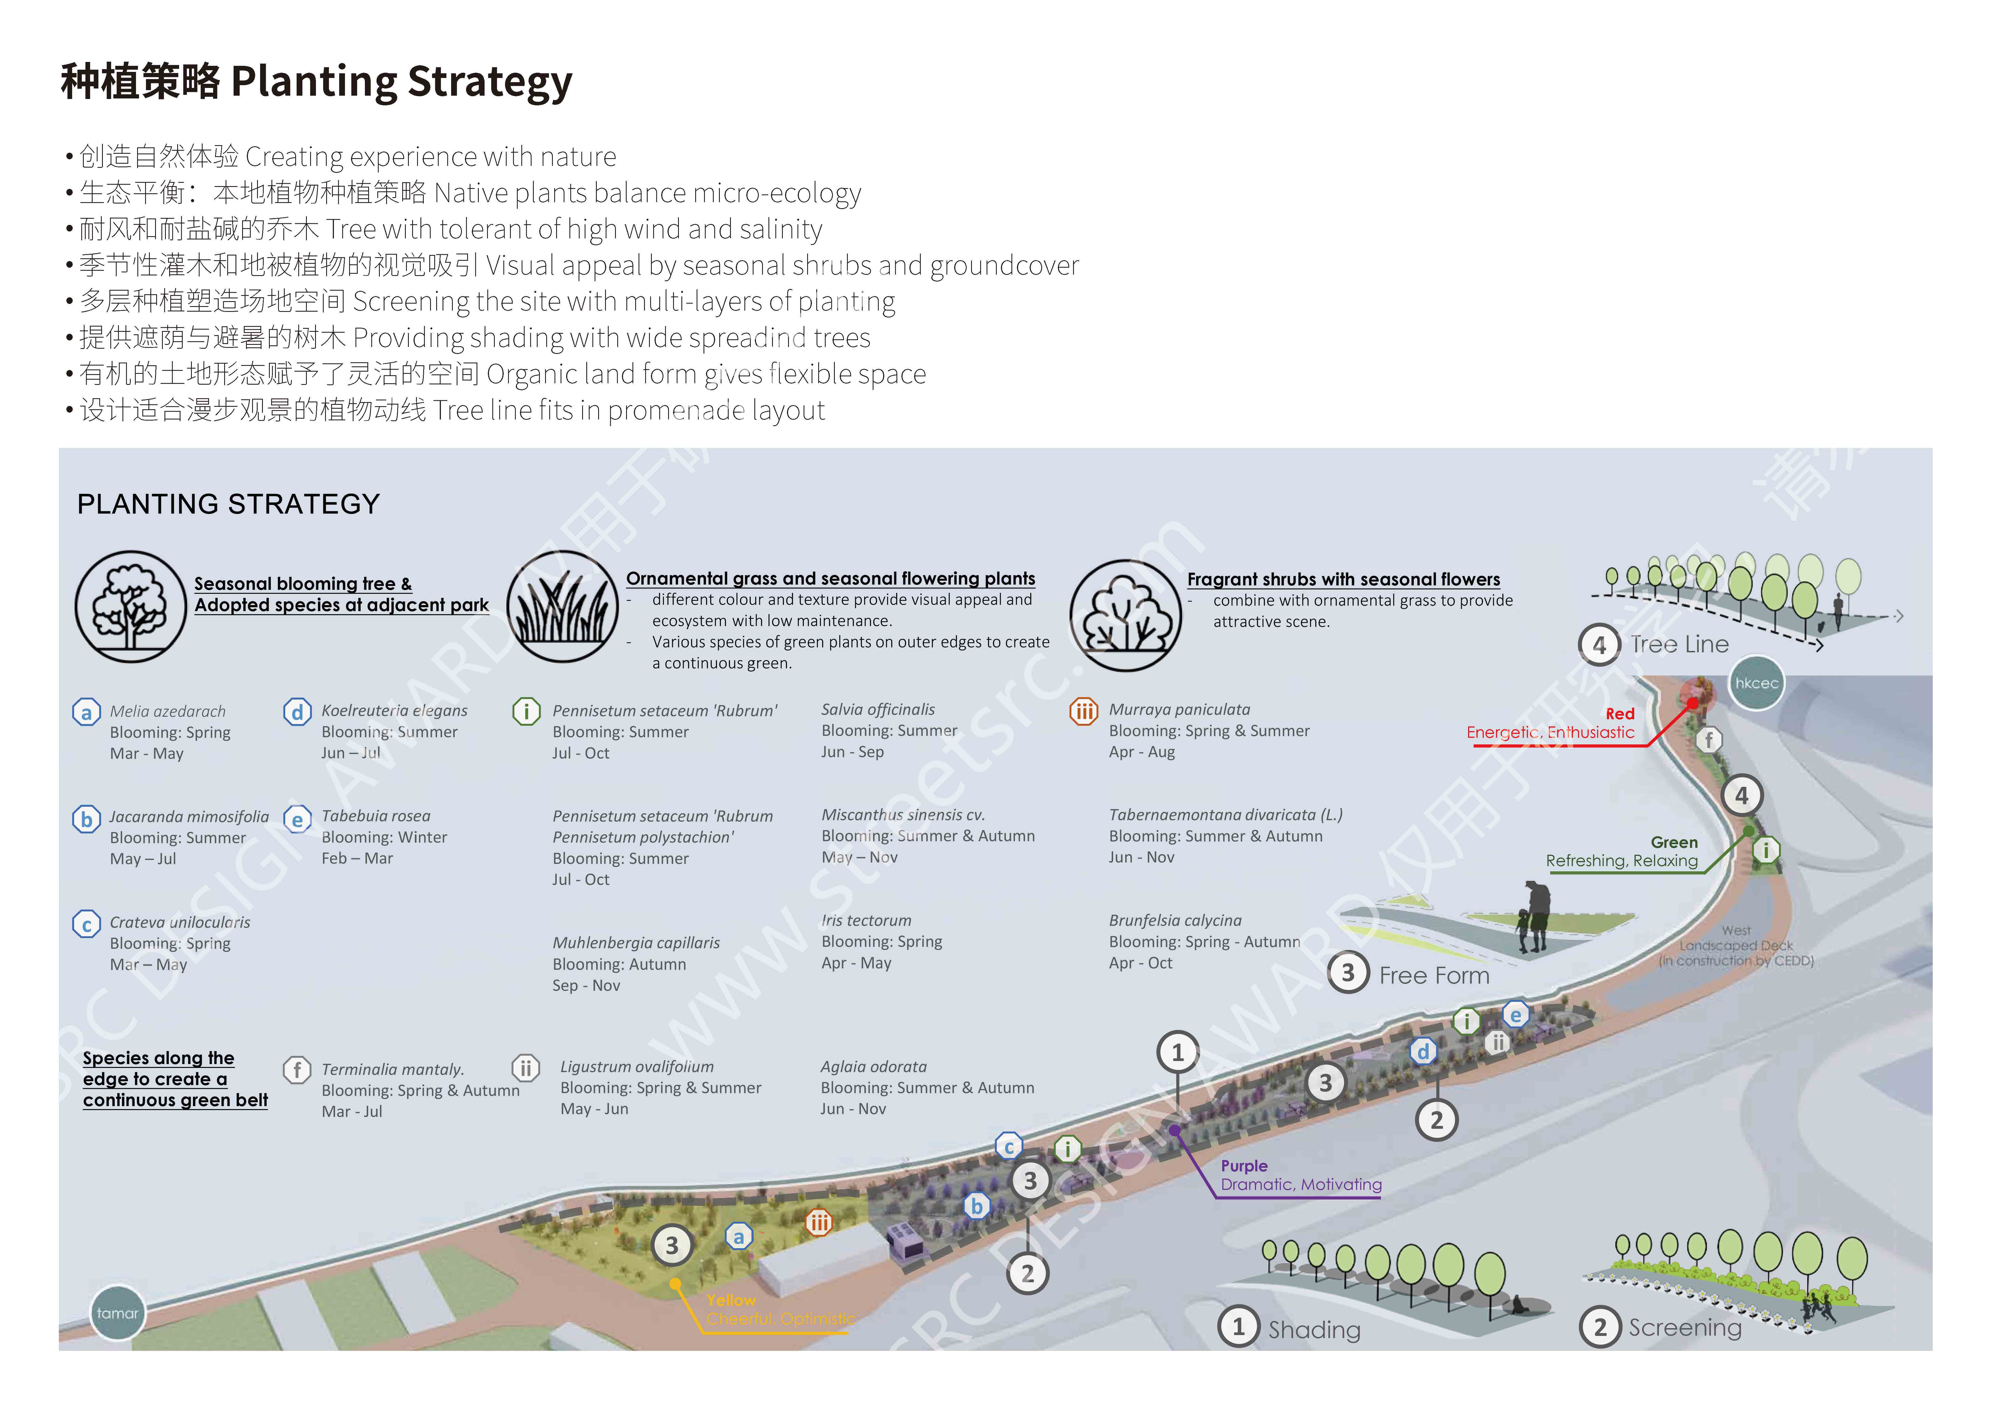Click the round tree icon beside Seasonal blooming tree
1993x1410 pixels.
coord(130,607)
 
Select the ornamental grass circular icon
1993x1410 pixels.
coord(563,607)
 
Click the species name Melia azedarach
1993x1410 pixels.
coord(168,711)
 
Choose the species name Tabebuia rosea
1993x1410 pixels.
coord(376,816)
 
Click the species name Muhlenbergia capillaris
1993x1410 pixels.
coord(636,943)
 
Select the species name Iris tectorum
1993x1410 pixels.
coord(866,920)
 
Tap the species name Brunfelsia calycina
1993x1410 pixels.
coord(1175,920)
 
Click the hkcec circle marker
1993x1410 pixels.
coord(1756,683)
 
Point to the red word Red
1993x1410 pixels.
coord(1620,714)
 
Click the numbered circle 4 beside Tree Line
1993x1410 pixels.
coord(1599,645)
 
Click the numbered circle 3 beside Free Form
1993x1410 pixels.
coord(1348,973)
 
